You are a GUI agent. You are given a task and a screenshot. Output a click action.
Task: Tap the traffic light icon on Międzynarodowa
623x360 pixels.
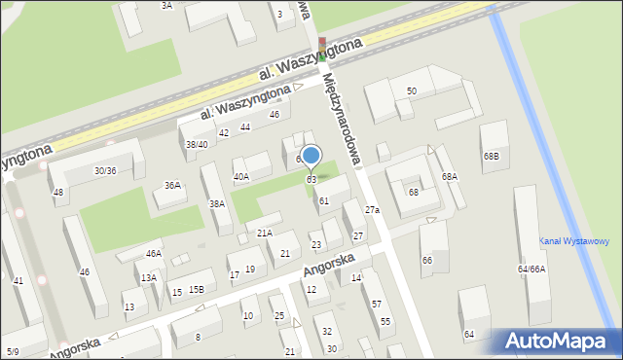[323, 49]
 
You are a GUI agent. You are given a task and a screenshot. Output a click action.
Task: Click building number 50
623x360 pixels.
[412, 91]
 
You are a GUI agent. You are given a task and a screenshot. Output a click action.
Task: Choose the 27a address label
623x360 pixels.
[372, 210]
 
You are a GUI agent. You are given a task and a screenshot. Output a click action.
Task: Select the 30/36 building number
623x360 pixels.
[105, 170]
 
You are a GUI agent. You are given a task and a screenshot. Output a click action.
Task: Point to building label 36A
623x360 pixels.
[172, 185]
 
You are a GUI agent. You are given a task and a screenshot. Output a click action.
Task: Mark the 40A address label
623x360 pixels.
[240, 177]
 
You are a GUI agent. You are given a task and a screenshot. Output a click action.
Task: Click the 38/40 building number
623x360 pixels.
[197, 144]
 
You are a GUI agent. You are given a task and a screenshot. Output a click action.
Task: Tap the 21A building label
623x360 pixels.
[264, 233]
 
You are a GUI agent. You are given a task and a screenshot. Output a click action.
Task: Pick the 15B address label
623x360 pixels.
[197, 289]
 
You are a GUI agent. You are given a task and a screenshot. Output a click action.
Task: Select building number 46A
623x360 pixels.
[153, 253]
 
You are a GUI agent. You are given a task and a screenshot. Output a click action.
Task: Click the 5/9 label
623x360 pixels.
[12, 351]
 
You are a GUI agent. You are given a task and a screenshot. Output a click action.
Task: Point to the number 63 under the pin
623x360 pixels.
[311, 180]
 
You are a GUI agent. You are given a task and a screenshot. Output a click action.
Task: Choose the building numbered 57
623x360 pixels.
[376, 305]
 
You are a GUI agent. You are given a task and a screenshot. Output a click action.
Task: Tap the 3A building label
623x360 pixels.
[166, 6]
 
